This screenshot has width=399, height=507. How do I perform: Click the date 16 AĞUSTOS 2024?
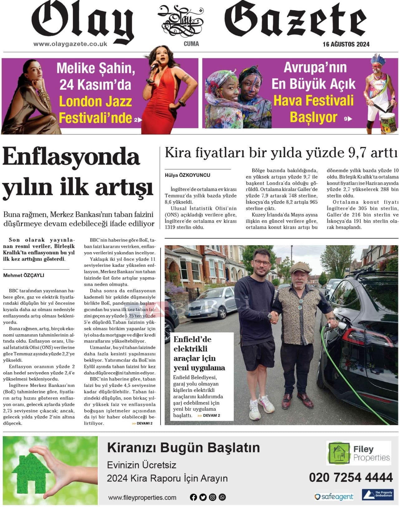(x=346, y=44)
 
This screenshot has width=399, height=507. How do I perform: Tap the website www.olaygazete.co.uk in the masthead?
(x=70, y=44)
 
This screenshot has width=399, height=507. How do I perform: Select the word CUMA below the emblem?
(x=191, y=44)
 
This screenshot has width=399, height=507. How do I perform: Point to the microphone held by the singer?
(x=154, y=65)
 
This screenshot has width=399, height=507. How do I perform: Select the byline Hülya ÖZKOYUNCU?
(x=187, y=175)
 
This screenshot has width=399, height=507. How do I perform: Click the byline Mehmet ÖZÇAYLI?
(x=24, y=275)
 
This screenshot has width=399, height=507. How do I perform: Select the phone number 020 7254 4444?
(x=351, y=477)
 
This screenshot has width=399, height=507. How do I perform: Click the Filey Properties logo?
(x=358, y=453)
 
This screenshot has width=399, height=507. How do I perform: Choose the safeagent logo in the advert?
(x=334, y=496)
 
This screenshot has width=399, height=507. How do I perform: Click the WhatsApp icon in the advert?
(x=222, y=497)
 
